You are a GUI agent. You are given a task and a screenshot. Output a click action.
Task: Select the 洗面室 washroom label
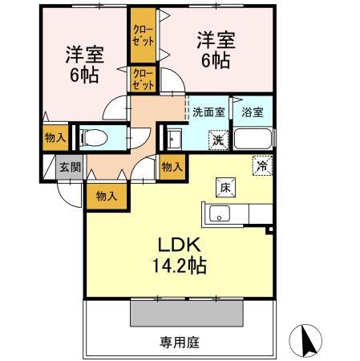coord(208,112)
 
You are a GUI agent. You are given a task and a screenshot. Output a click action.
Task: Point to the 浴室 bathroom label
coord(253,112)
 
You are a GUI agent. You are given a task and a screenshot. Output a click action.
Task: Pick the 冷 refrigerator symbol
coord(262,166)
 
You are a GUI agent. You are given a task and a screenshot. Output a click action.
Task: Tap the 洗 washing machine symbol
coord(217,140)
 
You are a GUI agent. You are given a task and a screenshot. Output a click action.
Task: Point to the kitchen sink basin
coord(219,213)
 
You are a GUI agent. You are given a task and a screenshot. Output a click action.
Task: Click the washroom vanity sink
coord(173,139)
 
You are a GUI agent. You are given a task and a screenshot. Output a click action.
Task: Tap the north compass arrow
coord(309,340)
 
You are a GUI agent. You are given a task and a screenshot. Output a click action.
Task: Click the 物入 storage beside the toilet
coord(55,138)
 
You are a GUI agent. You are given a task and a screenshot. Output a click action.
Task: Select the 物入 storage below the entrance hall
coord(106,196)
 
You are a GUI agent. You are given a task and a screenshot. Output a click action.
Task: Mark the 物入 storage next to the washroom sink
coord(172,167)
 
